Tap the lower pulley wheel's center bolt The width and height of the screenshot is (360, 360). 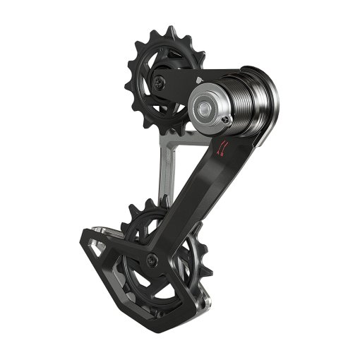click(150, 262)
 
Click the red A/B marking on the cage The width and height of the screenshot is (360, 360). click(222, 148)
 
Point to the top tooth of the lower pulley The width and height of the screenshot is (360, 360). click(150, 203)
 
